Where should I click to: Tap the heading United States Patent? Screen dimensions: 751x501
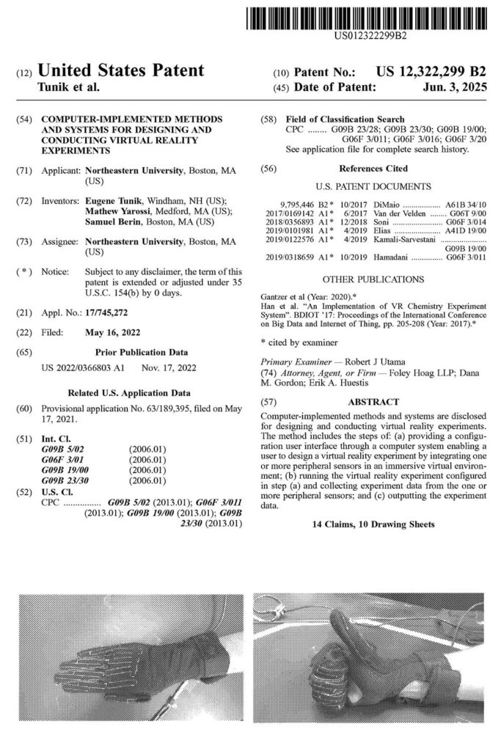[120, 71]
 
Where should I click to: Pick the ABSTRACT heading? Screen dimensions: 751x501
[373, 402]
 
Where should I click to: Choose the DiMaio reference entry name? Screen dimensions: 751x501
[367, 206]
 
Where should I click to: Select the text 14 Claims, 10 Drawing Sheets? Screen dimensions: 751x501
[373, 524]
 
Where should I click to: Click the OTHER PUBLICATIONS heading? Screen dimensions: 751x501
[373, 279]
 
